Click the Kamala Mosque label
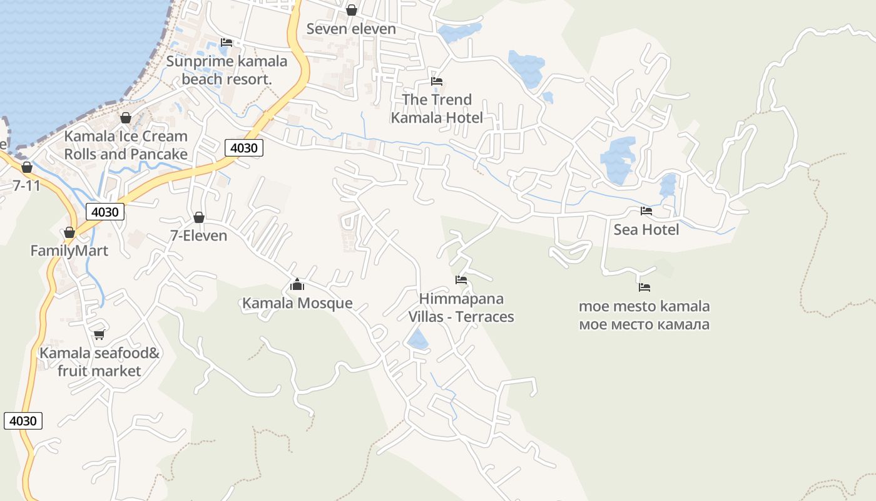[297, 304]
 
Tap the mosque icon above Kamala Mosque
[297, 286]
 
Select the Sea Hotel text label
[646, 230]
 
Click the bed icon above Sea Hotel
[646, 211]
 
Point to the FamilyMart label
[69, 251]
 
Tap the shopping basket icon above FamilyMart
[69, 233]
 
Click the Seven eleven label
[351, 29]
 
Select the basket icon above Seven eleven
[352, 11]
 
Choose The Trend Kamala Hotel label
[437, 108]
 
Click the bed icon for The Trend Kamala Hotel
[437, 81]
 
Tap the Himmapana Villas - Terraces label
[461, 307]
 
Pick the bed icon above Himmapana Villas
[461, 280]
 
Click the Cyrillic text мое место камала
[644, 324]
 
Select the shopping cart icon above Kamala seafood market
[99, 335]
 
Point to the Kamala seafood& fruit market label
[99, 362]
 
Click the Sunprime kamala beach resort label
[227, 70]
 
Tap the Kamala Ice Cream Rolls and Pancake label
[126, 145]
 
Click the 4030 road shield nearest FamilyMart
[104, 212]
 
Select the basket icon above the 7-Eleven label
[199, 218]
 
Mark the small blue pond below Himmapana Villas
[418, 340]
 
